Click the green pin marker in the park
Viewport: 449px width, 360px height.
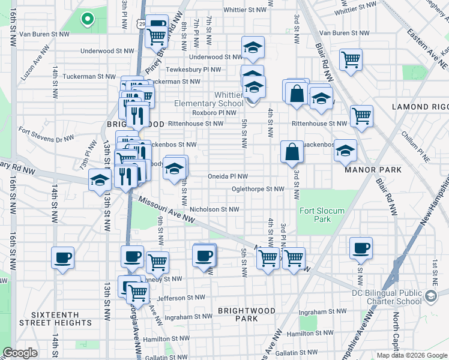[x=87, y=19]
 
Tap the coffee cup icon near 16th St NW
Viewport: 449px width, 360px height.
[x=62, y=258]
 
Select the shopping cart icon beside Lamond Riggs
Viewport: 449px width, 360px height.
[x=361, y=116]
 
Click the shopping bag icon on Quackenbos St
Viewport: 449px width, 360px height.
[x=292, y=152]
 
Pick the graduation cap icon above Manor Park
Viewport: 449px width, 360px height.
[x=345, y=151]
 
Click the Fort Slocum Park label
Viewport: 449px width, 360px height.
[x=314, y=215]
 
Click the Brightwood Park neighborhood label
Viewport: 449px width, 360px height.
[x=246, y=315]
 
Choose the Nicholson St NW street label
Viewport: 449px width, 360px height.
[x=214, y=209]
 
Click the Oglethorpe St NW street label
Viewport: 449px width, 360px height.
[x=258, y=189]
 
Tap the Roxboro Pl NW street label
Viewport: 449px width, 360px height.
[x=214, y=112]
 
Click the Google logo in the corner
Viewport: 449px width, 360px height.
[x=20, y=353]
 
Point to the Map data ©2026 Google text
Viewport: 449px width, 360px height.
[x=411, y=355]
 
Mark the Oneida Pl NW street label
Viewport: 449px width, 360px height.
[x=228, y=177]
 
